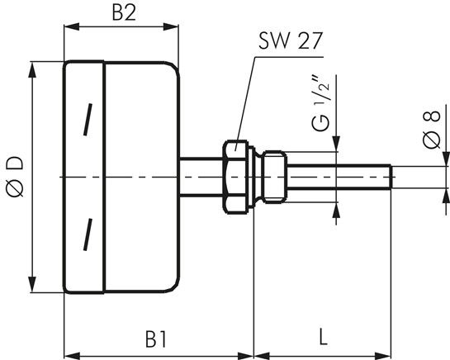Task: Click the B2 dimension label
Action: coord(124,13)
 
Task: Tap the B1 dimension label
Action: coord(156,339)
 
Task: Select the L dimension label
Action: coord(323,337)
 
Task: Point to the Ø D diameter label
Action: coord(15,177)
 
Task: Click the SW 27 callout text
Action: coord(291,40)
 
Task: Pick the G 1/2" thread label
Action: coord(321,103)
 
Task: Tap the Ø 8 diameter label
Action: coord(431,130)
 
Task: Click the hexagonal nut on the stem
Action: coord(235,178)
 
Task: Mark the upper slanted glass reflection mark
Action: coord(88,120)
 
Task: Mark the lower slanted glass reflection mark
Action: coord(88,234)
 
